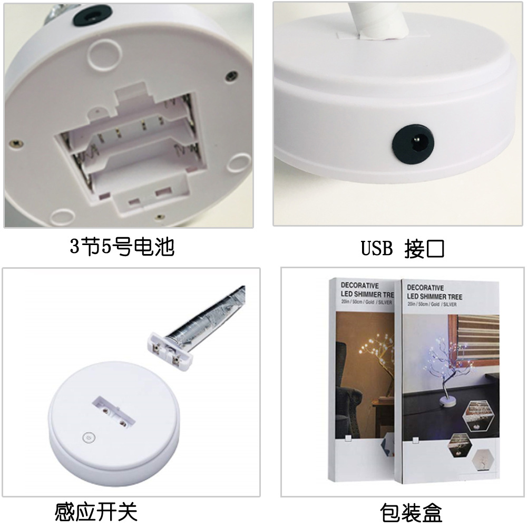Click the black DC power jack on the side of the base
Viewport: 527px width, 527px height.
pos(413,144)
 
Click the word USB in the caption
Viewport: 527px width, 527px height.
pos(377,248)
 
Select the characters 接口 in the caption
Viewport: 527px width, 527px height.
pos(424,249)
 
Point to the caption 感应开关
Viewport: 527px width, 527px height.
pos(96,512)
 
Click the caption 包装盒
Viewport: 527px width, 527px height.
pos(411,513)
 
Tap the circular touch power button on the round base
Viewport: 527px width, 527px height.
pos(89,437)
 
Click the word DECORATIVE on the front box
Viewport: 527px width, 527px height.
pos(425,288)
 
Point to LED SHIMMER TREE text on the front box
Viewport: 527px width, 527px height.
pos(434,296)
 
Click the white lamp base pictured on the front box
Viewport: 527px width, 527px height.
pos(447,401)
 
